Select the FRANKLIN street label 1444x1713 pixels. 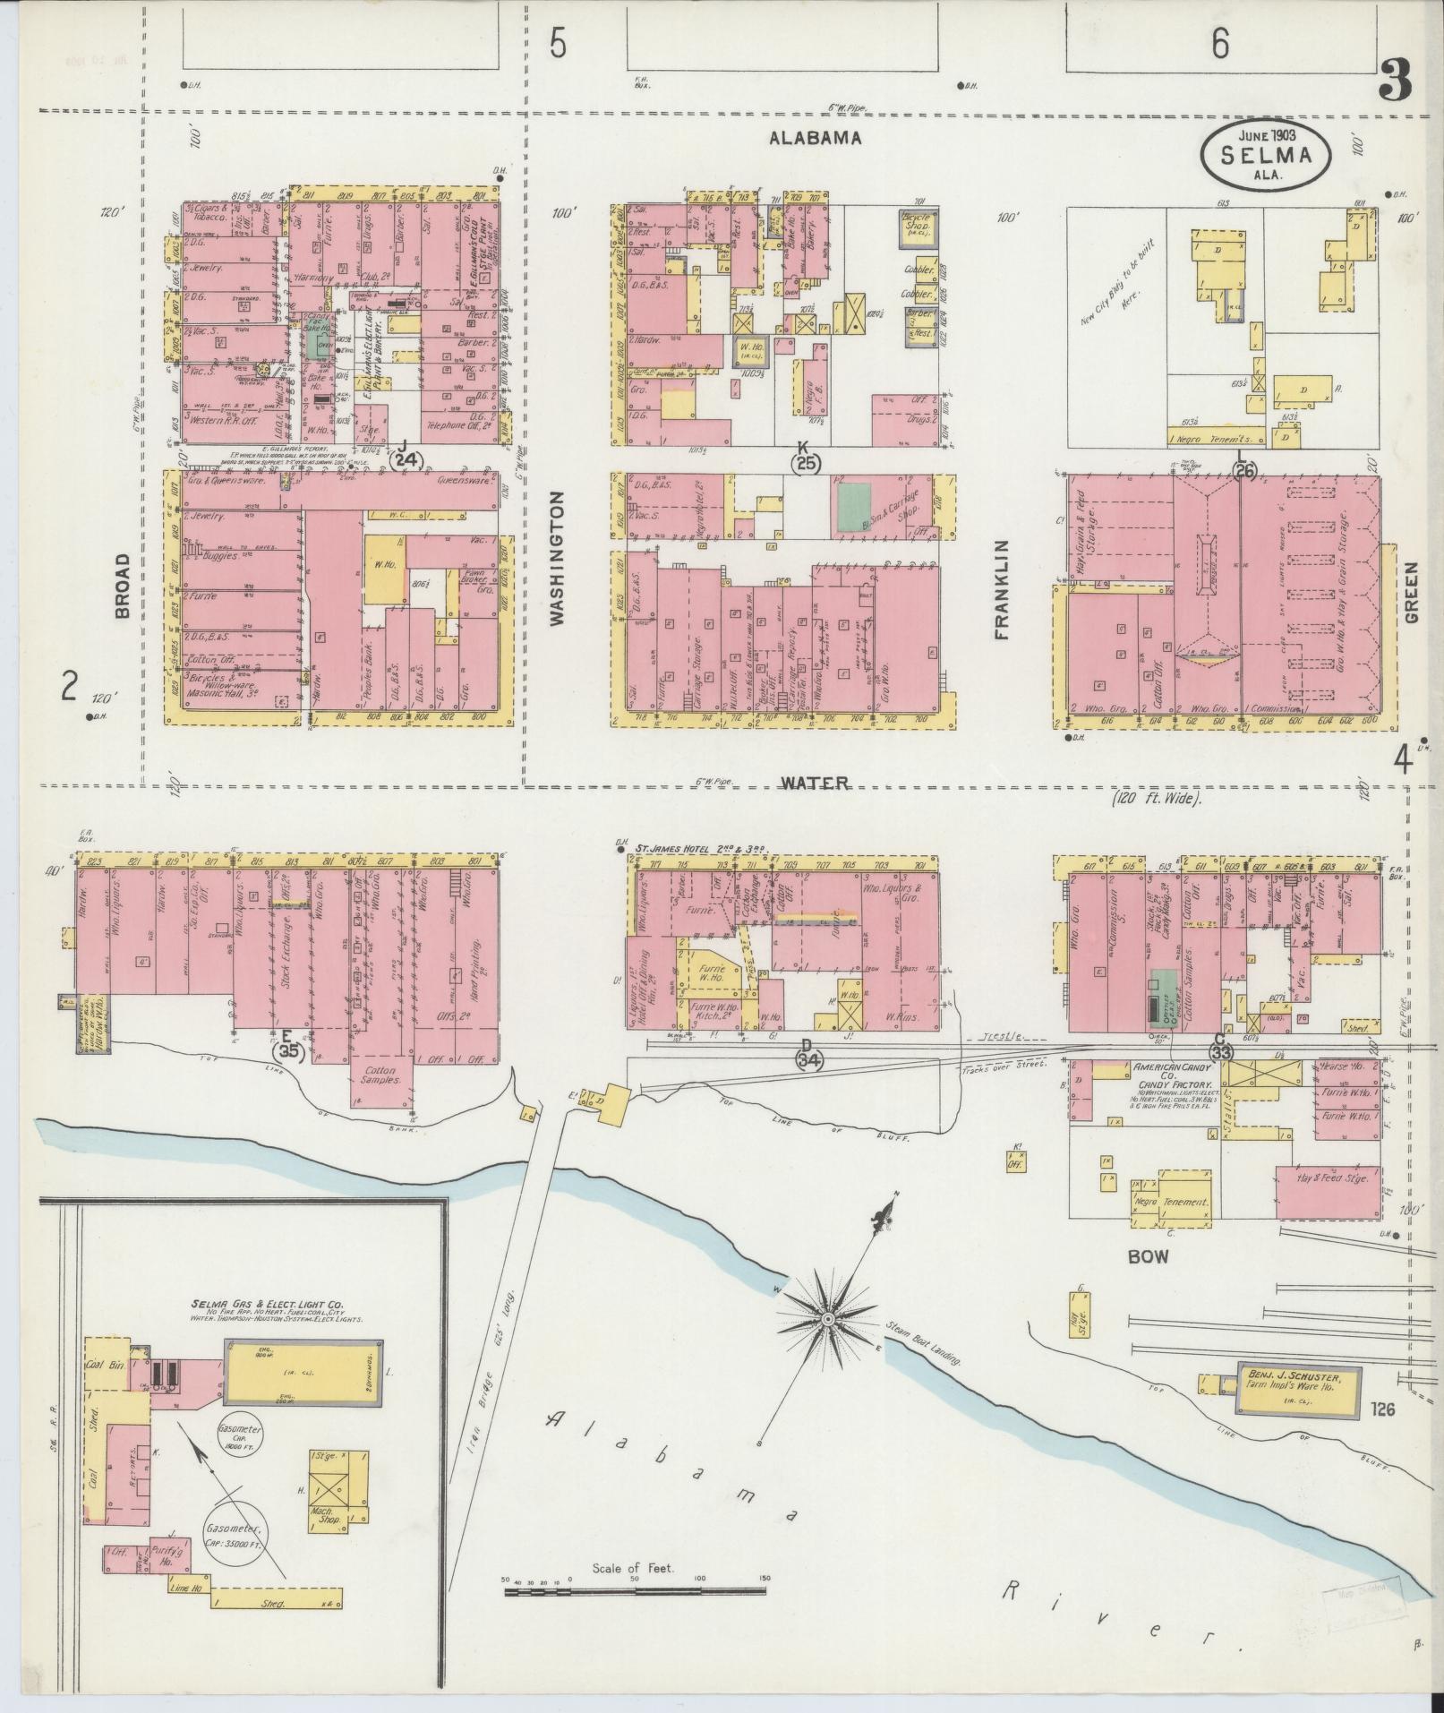point(1001,589)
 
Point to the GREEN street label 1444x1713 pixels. point(1412,593)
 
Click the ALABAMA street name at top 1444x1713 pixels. point(816,138)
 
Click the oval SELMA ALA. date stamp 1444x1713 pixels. point(1266,155)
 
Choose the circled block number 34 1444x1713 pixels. point(809,1059)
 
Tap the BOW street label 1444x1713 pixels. point(1148,1256)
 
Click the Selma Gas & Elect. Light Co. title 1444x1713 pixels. point(266,1306)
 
